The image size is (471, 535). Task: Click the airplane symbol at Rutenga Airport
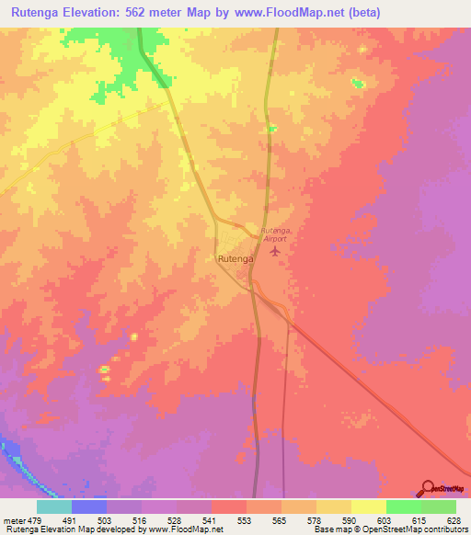click(273, 249)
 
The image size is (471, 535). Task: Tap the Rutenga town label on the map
click(235, 259)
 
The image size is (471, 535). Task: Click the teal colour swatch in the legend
click(54, 507)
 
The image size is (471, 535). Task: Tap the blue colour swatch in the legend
click(89, 507)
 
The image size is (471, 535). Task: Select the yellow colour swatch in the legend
click(368, 507)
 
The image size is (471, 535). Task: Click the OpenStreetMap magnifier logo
click(427, 488)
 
